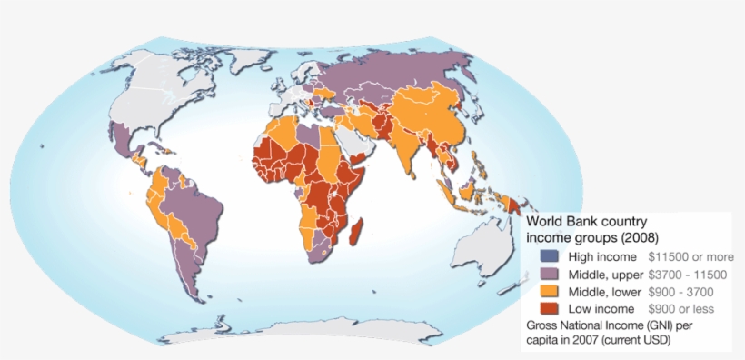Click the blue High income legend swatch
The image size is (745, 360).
point(548,257)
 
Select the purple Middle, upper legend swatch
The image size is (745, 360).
point(548,275)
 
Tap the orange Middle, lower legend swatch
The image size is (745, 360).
point(548,292)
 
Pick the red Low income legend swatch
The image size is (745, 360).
point(548,309)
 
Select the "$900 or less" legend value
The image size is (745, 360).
point(680,309)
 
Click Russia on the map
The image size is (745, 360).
point(409,68)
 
